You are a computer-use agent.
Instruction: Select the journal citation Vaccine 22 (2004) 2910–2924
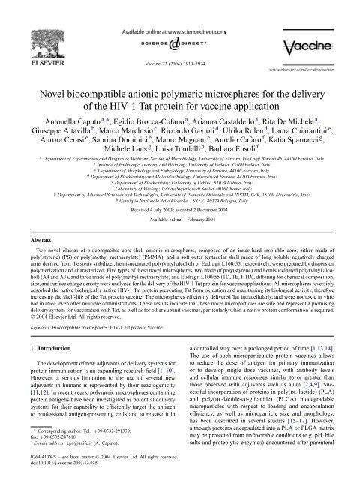tap(179, 46)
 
